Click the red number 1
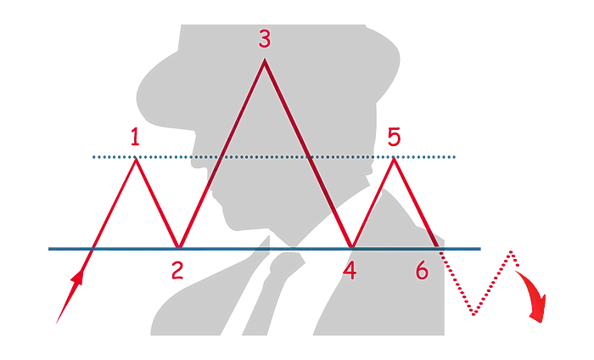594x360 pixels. tap(136, 135)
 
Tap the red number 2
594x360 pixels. tap(176, 272)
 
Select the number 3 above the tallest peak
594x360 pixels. tap(265, 38)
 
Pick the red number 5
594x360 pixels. tap(393, 136)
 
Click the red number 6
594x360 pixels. tap(422, 271)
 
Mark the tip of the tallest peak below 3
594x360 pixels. tap(265, 59)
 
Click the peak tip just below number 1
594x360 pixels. tap(136, 159)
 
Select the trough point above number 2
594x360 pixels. tap(177, 246)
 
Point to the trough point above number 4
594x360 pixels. tap(350, 247)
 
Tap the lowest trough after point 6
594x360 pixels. tap(474, 315)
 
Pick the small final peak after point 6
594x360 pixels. tap(511, 250)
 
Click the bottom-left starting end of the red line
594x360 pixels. tap(56, 323)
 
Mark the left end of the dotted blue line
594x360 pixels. tap(92, 157)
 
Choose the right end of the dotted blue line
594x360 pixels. tap(457, 157)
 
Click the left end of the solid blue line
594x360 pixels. tap(49, 249)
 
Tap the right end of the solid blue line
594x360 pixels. tap(482, 249)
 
